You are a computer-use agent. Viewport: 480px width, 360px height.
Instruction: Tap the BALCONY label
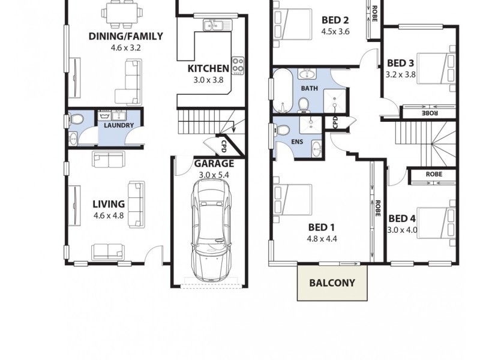tap(332, 283)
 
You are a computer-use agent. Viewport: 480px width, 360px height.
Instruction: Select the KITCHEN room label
tap(208, 68)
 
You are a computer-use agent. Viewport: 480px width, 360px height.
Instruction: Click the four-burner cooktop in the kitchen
tap(238, 64)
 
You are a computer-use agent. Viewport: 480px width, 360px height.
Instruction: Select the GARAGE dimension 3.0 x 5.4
tap(214, 175)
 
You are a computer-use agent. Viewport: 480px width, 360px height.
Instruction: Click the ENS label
tap(297, 142)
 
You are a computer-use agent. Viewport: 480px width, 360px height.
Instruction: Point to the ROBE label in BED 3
tap(428, 112)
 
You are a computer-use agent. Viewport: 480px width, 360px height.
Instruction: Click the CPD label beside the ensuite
tap(334, 122)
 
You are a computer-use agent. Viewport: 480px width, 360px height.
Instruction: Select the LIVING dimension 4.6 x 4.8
tap(108, 215)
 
